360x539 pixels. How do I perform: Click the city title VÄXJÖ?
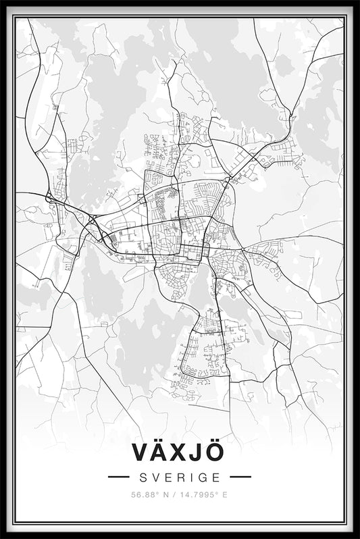coord(179,453)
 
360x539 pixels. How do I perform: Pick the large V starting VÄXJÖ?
coord(136,453)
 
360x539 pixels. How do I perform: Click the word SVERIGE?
coord(180,477)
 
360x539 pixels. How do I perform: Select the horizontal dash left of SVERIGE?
coord(119,477)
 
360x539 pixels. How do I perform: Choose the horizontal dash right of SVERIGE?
coord(240,477)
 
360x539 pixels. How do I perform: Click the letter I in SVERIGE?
coord(191,477)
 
